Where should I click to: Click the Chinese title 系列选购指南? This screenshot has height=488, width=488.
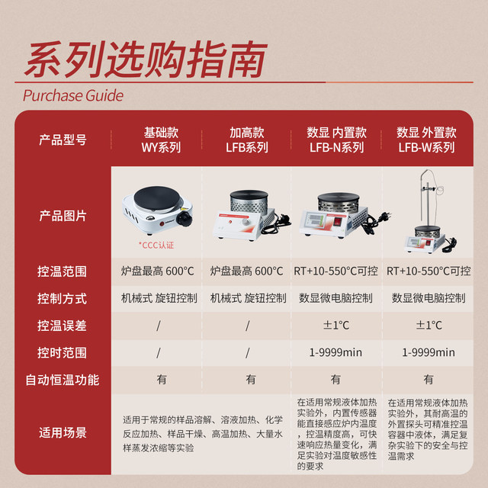click(145, 59)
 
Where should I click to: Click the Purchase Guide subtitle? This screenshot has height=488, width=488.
click(73, 96)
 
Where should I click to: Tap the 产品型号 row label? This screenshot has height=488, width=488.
click(63, 140)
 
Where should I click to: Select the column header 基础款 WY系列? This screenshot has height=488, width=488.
click(158, 140)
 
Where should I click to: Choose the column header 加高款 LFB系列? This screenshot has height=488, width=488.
click(247, 140)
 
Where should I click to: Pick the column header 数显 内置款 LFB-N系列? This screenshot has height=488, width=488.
click(336, 140)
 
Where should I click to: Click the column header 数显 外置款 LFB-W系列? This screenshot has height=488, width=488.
click(426, 140)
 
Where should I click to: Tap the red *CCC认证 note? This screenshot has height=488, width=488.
click(156, 245)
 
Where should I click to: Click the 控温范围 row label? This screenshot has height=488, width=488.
click(63, 271)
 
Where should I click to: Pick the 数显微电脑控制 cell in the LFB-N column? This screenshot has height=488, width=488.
click(336, 298)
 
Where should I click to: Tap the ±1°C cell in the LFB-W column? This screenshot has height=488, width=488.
click(429, 325)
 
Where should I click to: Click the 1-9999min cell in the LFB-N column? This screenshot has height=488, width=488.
click(336, 352)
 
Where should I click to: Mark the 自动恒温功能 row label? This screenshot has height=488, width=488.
click(63, 379)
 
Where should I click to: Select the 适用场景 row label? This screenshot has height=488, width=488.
click(63, 432)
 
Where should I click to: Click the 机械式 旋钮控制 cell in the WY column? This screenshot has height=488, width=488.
click(159, 298)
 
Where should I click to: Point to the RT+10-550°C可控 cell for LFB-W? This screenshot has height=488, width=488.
click(429, 271)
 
